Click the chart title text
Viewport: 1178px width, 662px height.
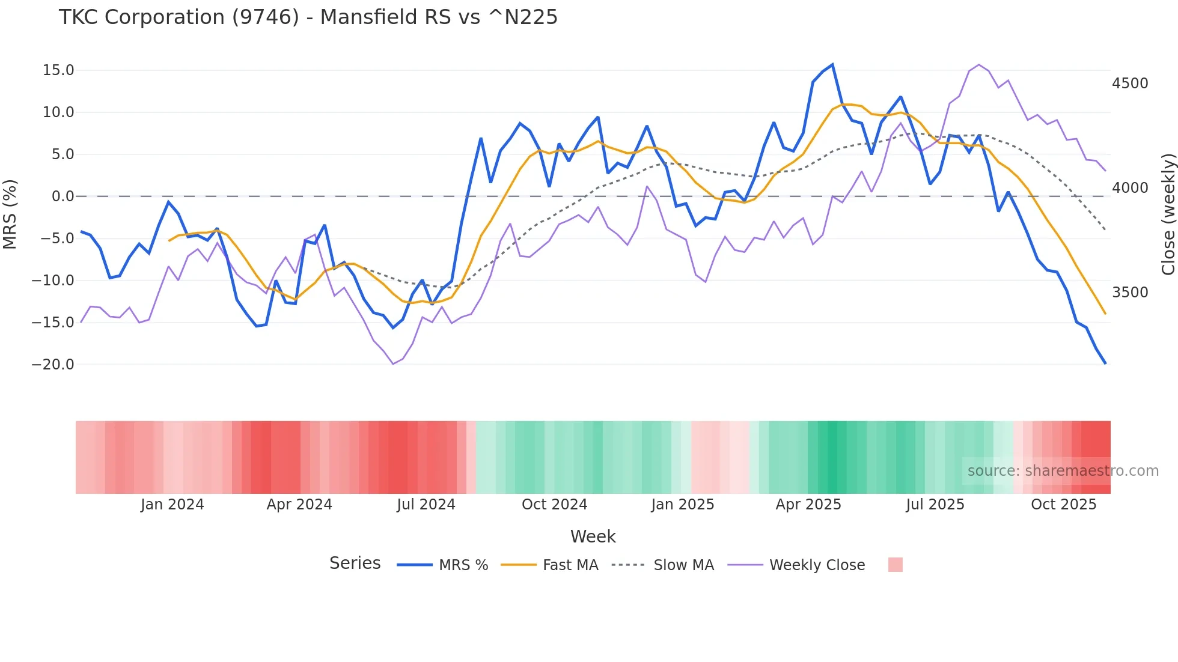point(308,17)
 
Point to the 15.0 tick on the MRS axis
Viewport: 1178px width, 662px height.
point(58,70)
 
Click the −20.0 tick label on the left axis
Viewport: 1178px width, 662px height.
point(53,365)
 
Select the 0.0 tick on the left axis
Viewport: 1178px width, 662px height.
point(63,196)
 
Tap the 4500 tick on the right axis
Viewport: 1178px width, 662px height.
point(1130,84)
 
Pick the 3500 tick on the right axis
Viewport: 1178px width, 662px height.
point(1130,293)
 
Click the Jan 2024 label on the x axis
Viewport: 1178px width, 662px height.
point(172,505)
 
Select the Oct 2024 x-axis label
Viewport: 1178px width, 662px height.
point(554,505)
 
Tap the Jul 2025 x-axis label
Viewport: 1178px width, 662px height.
point(935,505)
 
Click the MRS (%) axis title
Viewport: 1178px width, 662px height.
point(10,214)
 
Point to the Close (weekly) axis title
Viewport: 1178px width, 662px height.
point(1168,214)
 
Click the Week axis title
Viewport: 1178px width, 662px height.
point(593,536)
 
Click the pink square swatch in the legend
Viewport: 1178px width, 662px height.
point(895,565)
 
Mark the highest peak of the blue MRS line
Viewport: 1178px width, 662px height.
point(832,64)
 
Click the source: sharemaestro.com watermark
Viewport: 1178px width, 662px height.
point(1063,471)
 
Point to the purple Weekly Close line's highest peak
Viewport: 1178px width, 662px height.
point(979,65)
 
